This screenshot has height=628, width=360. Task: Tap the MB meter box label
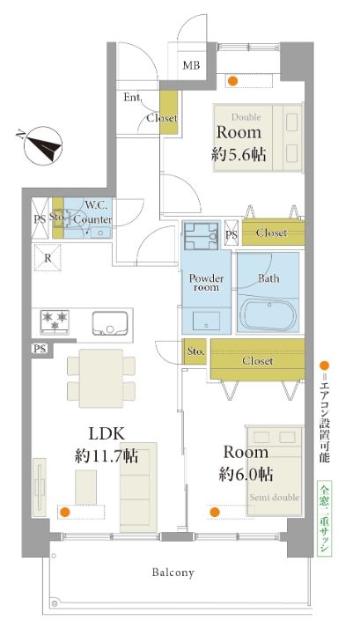coord(191,65)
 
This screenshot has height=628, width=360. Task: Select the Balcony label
coord(173,573)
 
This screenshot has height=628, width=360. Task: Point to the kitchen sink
coord(110,322)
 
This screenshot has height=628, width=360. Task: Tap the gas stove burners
coord(55,321)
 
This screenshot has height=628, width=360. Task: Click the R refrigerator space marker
coord(48,257)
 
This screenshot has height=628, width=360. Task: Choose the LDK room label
coord(107,433)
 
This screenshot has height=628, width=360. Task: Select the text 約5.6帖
coord(239,155)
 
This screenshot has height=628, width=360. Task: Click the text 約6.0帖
coord(246,474)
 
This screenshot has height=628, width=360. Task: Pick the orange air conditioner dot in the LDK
coord(64,512)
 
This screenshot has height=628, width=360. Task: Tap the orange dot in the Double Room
coord(232,81)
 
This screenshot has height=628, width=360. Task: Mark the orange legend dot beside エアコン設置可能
coord(325,366)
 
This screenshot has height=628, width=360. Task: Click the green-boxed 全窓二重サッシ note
coord(324,518)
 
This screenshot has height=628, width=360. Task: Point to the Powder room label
coord(206,283)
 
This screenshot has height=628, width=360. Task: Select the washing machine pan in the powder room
coord(201,236)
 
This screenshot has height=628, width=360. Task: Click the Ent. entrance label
coord(132,97)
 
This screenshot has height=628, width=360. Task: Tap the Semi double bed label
coord(275,497)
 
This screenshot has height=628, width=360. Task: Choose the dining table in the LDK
coord(101,379)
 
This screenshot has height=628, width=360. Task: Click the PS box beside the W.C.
coord(40,218)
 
